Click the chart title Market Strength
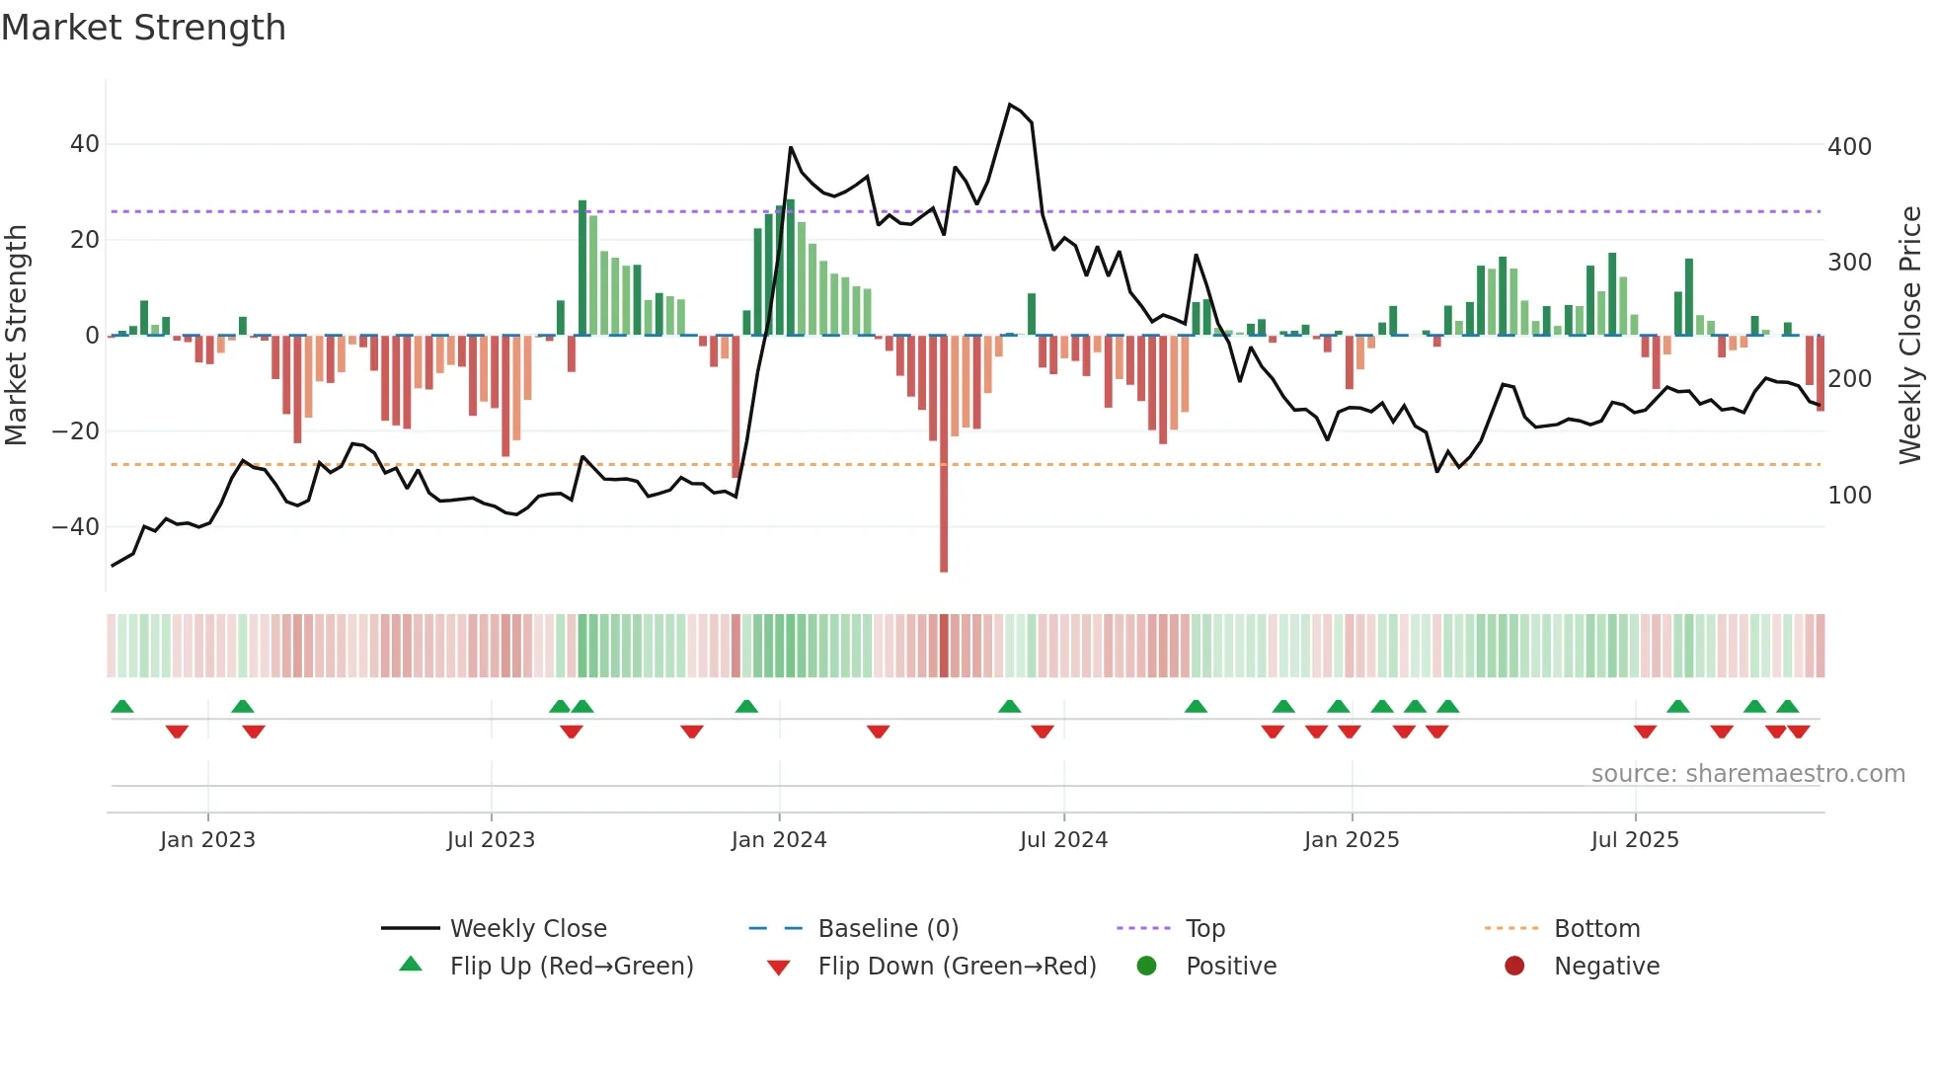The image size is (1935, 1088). point(143,28)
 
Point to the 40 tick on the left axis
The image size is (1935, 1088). point(85,144)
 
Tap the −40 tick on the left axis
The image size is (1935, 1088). point(76,527)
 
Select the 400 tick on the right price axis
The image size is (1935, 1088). point(1849,147)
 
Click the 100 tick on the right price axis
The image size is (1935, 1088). point(1849,496)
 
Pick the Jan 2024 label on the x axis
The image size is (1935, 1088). point(778,840)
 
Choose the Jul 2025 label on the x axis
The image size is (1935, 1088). point(1634,840)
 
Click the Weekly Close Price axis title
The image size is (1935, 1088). point(1910,336)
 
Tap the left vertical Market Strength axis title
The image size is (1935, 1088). point(16,336)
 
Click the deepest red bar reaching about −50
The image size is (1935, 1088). point(944,513)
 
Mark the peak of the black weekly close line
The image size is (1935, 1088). point(1009,105)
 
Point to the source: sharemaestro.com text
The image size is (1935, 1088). point(1747,774)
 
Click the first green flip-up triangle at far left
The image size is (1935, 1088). point(122,707)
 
